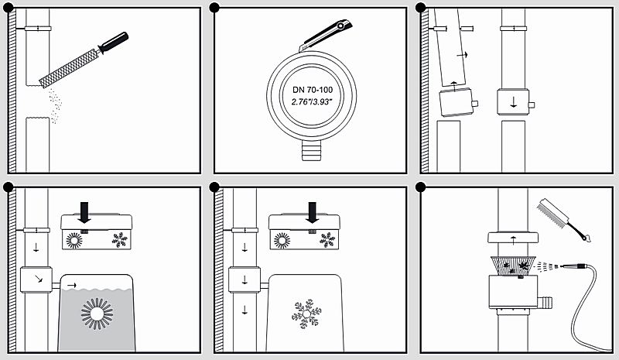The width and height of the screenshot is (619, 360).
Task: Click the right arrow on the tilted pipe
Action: pos(463,56)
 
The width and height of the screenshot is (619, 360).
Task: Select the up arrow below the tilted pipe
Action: pos(453,81)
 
